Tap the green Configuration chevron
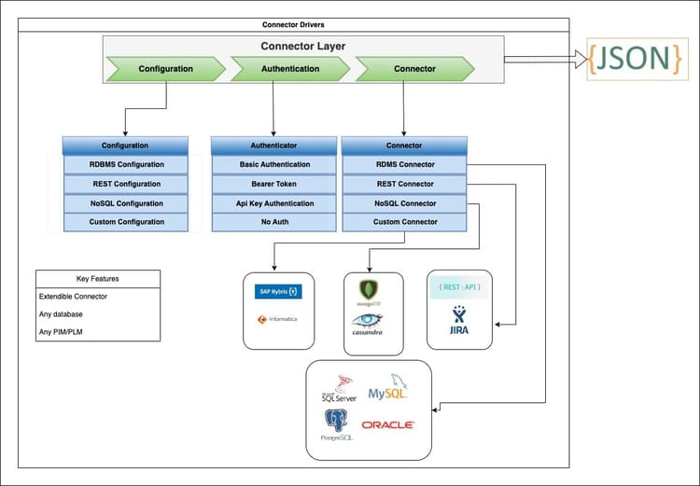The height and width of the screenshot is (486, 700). tap(167, 68)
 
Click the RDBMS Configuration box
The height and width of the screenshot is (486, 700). tap(127, 165)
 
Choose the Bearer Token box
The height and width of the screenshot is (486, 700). tap(273, 184)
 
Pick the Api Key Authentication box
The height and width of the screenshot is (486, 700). tap(273, 203)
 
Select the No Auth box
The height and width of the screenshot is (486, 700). tap(273, 222)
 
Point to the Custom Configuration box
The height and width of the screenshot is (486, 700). tap(127, 222)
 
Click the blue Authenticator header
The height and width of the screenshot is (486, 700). tap(273, 146)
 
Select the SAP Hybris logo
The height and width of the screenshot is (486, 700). tap(278, 291)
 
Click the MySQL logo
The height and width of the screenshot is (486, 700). tap(388, 392)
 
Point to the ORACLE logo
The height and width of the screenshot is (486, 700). tap(388, 424)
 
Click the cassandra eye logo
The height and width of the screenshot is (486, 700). tap(368, 320)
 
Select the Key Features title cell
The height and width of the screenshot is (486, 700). tap(97, 279)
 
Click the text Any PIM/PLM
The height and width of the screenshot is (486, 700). tap(67, 332)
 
